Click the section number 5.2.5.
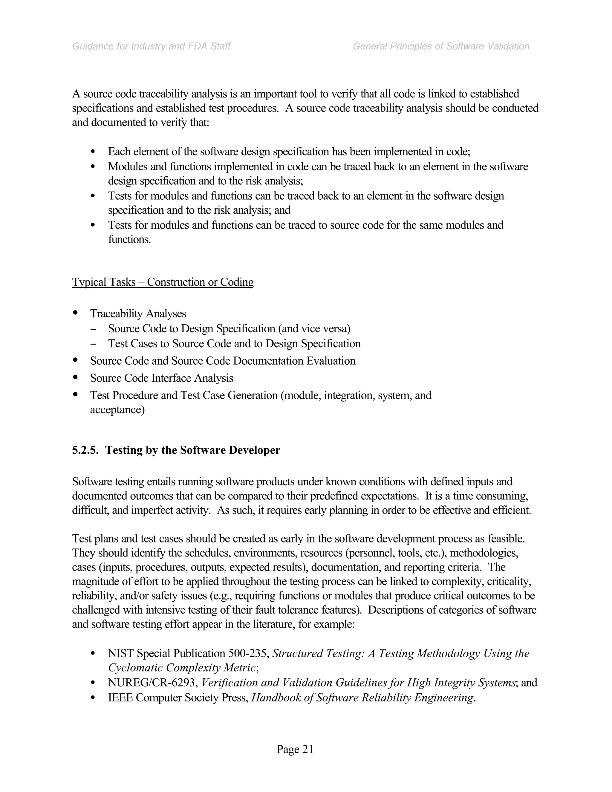[85, 450]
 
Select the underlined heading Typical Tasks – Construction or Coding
[163, 282]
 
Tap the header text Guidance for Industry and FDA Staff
[152, 46]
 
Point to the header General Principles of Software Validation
[441, 46]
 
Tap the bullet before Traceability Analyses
[75, 312]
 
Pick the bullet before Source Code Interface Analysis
[75, 377]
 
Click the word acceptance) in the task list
[117, 410]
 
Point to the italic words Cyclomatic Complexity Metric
[183, 668]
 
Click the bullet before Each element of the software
[93, 151]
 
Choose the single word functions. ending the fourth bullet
[129, 239]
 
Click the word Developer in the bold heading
[255, 450]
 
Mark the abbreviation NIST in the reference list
[121, 653]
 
